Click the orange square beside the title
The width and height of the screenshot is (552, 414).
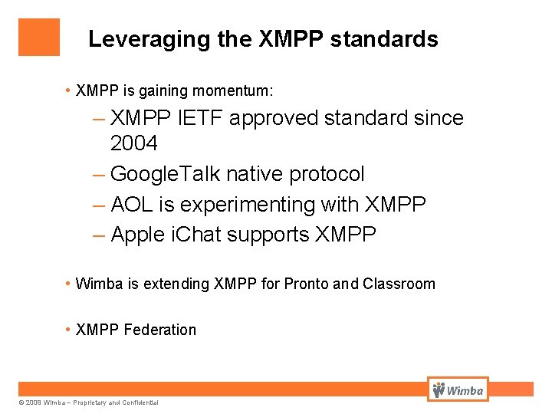(39, 38)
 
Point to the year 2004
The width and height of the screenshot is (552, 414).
(134, 143)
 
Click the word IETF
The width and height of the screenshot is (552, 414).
(207, 118)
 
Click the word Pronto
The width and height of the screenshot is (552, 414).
(306, 284)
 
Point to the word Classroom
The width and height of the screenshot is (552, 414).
(399, 284)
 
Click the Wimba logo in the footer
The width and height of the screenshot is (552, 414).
(458, 389)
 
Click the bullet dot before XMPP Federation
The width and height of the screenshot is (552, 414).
(68, 330)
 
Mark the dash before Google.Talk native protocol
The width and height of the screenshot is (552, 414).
(99, 174)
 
